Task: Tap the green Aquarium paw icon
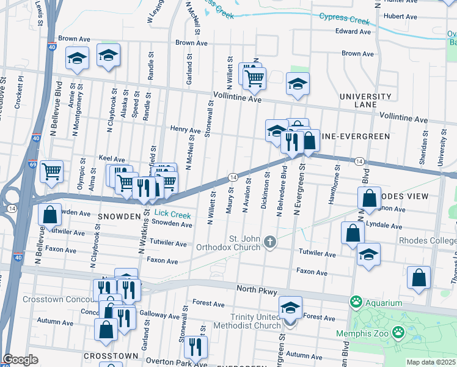click(x=354, y=302)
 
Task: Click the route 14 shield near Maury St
click(x=233, y=177)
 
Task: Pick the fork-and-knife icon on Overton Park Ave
click(x=196, y=346)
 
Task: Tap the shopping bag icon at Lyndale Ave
click(x=353, y=233)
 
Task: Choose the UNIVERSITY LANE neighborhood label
click(x=365, y=101)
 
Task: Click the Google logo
click(x=20, y=360)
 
